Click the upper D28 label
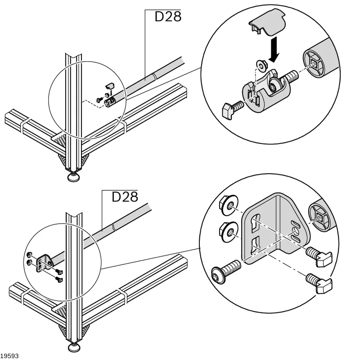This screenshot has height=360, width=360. tap(168, 17)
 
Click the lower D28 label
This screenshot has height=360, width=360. tap(125, 197)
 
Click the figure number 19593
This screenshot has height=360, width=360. tap(9, 356)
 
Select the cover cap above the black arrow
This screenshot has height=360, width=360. tap(267, 22)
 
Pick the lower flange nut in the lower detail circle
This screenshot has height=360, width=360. tap(229, 232)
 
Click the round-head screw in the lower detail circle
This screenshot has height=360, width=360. tap(226, 271)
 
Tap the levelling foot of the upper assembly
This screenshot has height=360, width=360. tap(74, 177)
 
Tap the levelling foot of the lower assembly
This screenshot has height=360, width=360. tap(74, 347)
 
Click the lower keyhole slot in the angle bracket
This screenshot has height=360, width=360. tap(255, 246)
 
